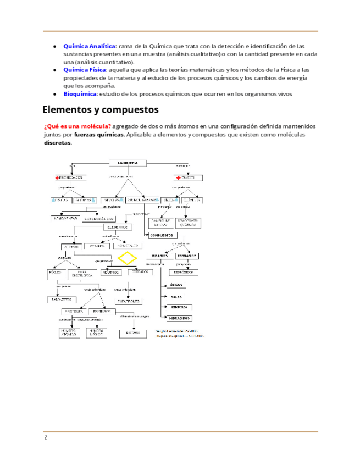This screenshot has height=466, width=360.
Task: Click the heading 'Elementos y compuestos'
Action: [x=101, y=109]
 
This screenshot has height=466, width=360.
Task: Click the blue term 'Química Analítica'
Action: [x=90, y=46]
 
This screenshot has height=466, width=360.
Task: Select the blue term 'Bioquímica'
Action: [x=81, y=94]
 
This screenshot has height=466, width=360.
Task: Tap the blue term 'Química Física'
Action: [x=85, y=70]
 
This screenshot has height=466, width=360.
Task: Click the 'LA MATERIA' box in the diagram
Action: [x=128, y=162]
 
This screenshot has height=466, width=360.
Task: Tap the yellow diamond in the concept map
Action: [x=128, y=258]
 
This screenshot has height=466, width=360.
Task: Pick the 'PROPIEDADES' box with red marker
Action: [x=70, y=178]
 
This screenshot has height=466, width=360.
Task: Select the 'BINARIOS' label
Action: [x=160, y=256]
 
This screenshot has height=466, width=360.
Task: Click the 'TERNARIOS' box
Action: [x=187, y=256]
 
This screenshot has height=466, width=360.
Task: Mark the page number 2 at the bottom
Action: [x=46, y=439]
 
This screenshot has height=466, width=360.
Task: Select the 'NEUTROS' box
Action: [x=112, y=272]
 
